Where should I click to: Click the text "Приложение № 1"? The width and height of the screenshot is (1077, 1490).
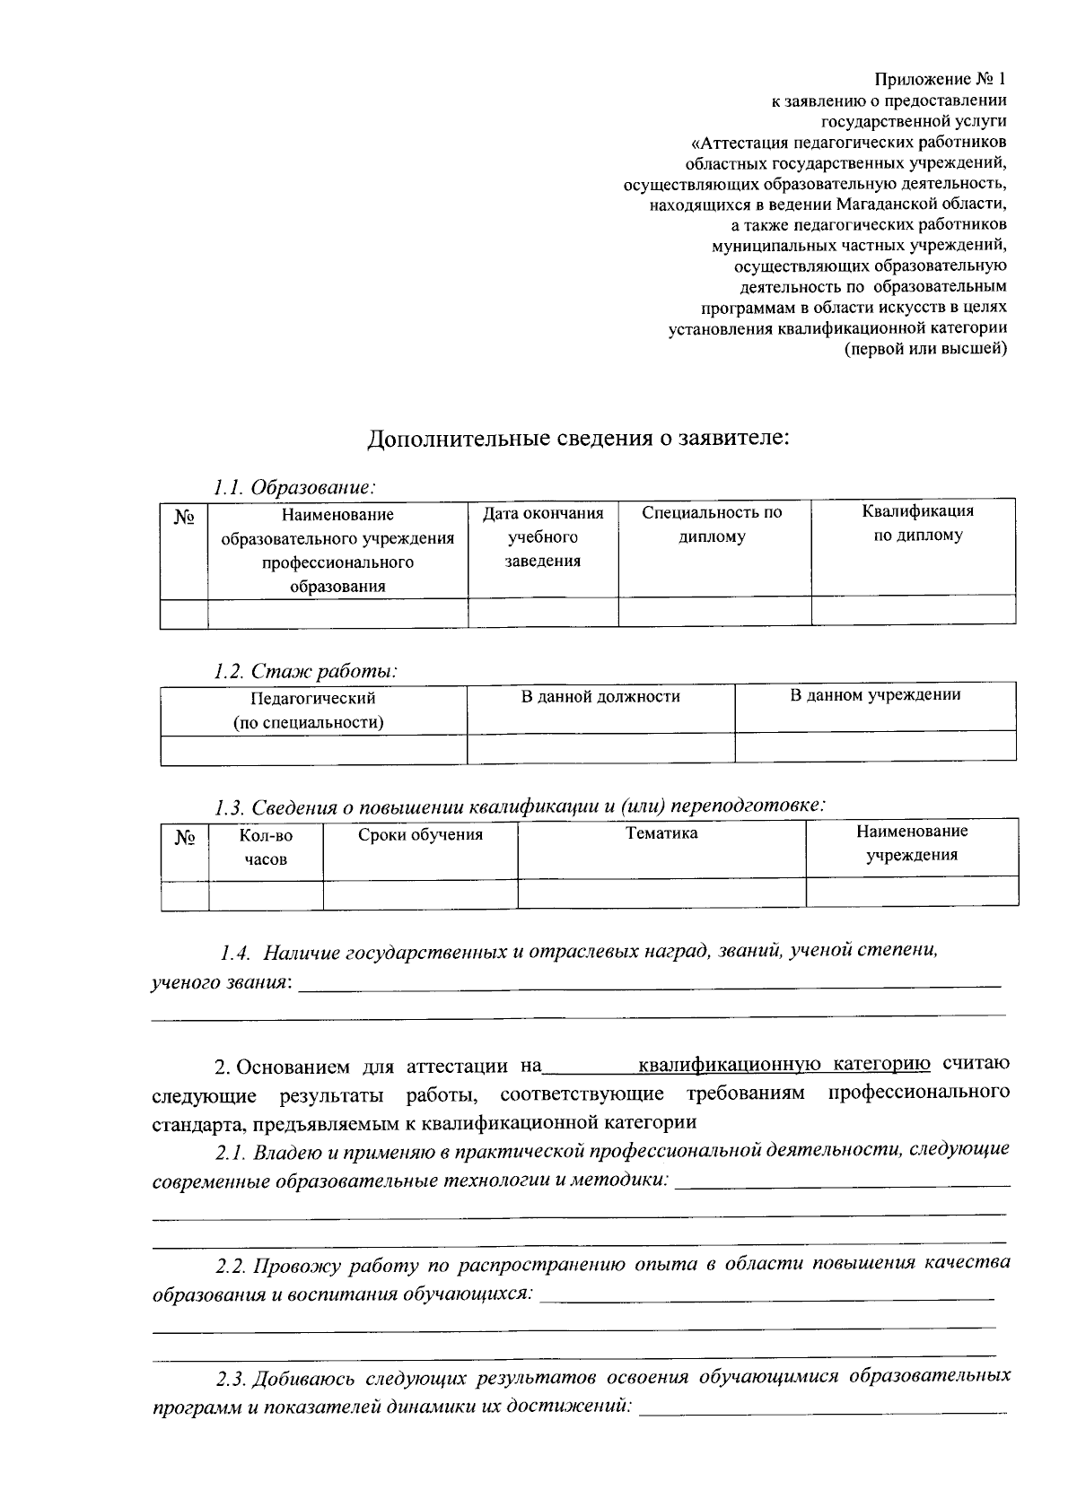pyautogui.click(x=941, y=80)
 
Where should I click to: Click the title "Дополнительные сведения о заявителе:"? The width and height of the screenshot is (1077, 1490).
pyautogui.click(x=578, y=439)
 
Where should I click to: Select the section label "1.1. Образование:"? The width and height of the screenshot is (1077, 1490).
pyautogui.click(x=293, y=488)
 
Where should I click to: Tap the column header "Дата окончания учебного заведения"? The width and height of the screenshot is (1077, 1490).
pyautogui.click(x=543, y=536)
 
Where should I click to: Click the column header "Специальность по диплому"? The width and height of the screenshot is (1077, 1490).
pyautogui.click(x=713, y=525)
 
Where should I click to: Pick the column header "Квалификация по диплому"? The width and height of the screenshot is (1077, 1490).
pyautogui.click(x=917, y=523)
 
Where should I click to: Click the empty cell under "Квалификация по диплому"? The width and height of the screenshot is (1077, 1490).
pyautogui.click(x=913, y=612)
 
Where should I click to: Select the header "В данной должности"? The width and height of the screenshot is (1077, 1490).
pyautogui.click(x=600, y=696)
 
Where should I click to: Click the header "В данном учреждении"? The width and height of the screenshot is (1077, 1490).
pyautogui.click(x=875, y=694)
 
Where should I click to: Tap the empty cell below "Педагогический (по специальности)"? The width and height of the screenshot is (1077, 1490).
pyautogui.click(x=313, y=749)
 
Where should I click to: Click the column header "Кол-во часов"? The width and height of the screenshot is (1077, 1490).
pyautogui.click(x=266, y=847)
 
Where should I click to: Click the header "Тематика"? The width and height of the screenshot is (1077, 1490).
pyautogui.click(x=661, y=832)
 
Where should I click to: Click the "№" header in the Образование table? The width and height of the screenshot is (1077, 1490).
pyautogui.click(x=184, y=518)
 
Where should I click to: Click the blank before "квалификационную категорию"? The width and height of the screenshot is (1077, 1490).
pyautogui.click(x=589, y=1067)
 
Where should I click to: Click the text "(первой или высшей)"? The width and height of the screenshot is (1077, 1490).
pyautogui.click(x=926, y=348)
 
